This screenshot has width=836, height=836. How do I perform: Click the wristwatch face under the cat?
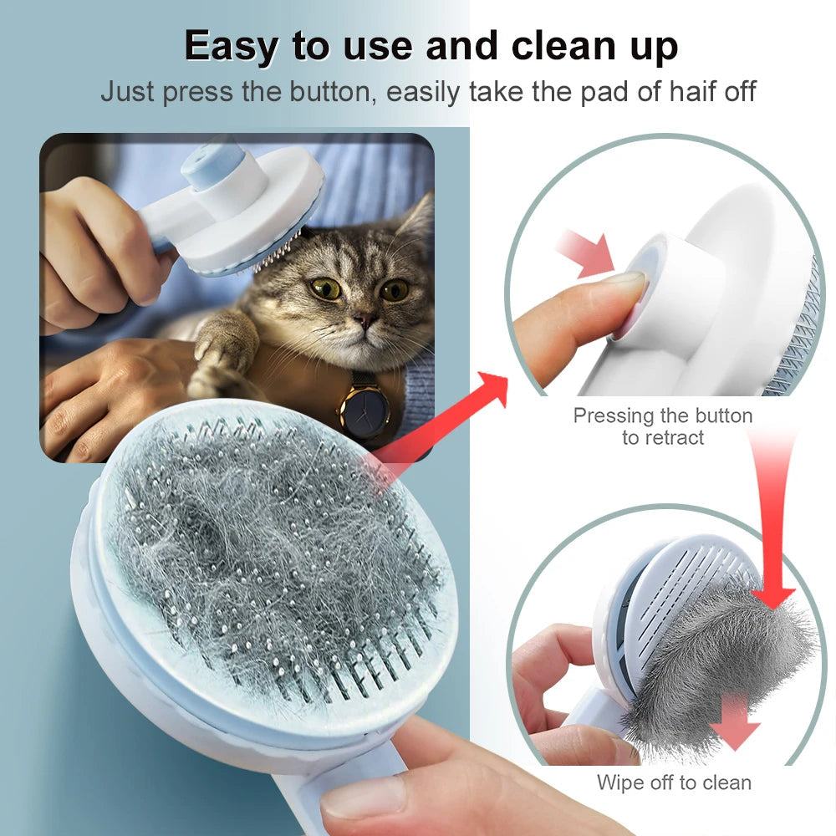point(364,410)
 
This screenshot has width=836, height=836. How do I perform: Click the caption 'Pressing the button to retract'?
point(662,426)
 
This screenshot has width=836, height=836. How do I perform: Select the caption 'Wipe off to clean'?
point(674,782)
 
